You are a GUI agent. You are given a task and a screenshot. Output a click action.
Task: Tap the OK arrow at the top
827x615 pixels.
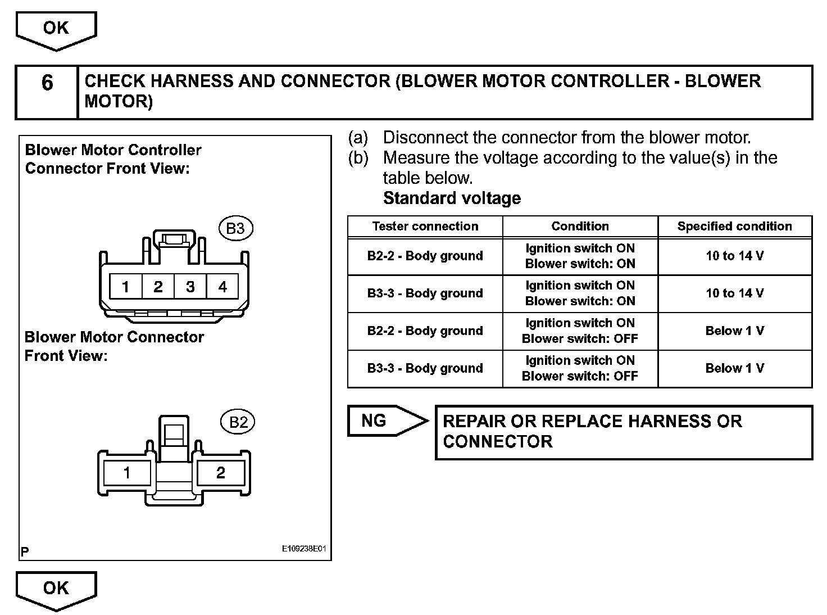click(x=56, y=29)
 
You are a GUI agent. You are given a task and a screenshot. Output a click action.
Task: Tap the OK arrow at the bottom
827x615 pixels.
click(x=56, y=589)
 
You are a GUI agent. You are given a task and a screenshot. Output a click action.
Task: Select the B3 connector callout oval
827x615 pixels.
click(x=235, y=228)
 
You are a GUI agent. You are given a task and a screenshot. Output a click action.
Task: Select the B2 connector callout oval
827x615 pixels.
click(x=238, y=422)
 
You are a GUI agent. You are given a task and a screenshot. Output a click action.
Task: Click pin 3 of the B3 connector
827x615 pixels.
click(x=190, y=287)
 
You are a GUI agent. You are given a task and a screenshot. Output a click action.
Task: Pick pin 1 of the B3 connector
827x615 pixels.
click(x=126, y=287)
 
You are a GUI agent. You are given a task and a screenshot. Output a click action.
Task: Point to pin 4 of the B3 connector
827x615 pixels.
click(x=222, y=287)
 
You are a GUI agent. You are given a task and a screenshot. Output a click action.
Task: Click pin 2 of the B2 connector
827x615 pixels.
click(x=220, y=473)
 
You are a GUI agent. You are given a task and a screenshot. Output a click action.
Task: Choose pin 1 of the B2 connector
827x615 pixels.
click(x=126, y=473)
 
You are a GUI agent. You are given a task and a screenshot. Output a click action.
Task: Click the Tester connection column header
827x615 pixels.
click(x=425, y=227)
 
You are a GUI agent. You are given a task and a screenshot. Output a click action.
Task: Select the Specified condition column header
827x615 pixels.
click(x=734, y=227)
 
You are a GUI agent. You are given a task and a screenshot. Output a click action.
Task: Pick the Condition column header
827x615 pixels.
click(x=580, y=227)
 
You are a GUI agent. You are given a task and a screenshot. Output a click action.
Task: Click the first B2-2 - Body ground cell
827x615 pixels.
click(x=425, y=256)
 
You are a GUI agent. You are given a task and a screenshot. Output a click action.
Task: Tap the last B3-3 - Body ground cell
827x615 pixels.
click(x=425, y=369)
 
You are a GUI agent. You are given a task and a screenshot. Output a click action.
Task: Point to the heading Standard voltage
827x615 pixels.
click(x=452, y=198)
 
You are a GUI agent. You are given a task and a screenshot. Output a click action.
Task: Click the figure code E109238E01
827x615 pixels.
click(x=304, y=549)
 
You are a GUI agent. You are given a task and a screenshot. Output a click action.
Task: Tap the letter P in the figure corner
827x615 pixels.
click(x=25, y=552)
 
